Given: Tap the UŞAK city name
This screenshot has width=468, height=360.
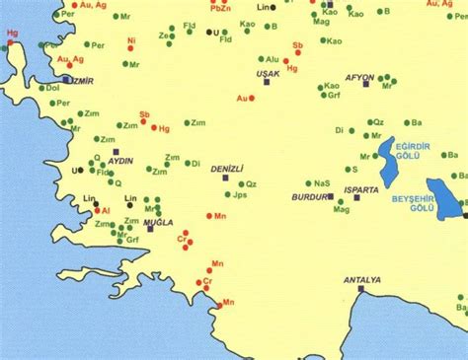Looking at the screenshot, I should (268, 74).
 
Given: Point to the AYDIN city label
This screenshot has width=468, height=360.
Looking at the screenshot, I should (120, 160).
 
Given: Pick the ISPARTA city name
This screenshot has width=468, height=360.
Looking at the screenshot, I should (361, 188).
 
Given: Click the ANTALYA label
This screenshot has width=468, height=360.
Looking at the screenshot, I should (361, 280).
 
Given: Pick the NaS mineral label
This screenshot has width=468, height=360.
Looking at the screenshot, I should (322, 182).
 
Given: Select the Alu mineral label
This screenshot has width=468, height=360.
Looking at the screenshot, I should (273, 59).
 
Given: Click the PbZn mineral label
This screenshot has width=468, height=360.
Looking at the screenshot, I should (220, 8).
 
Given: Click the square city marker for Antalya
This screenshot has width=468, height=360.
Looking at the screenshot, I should (361, 290).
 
